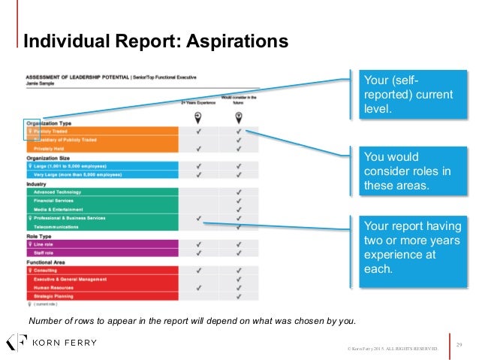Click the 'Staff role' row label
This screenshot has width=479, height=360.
(x=46, y=253)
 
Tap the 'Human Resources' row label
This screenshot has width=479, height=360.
(x=55, y=287)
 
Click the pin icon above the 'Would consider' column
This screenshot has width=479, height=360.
(x=239, y=116)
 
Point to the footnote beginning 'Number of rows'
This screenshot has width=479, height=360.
(x=192, y=321)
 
